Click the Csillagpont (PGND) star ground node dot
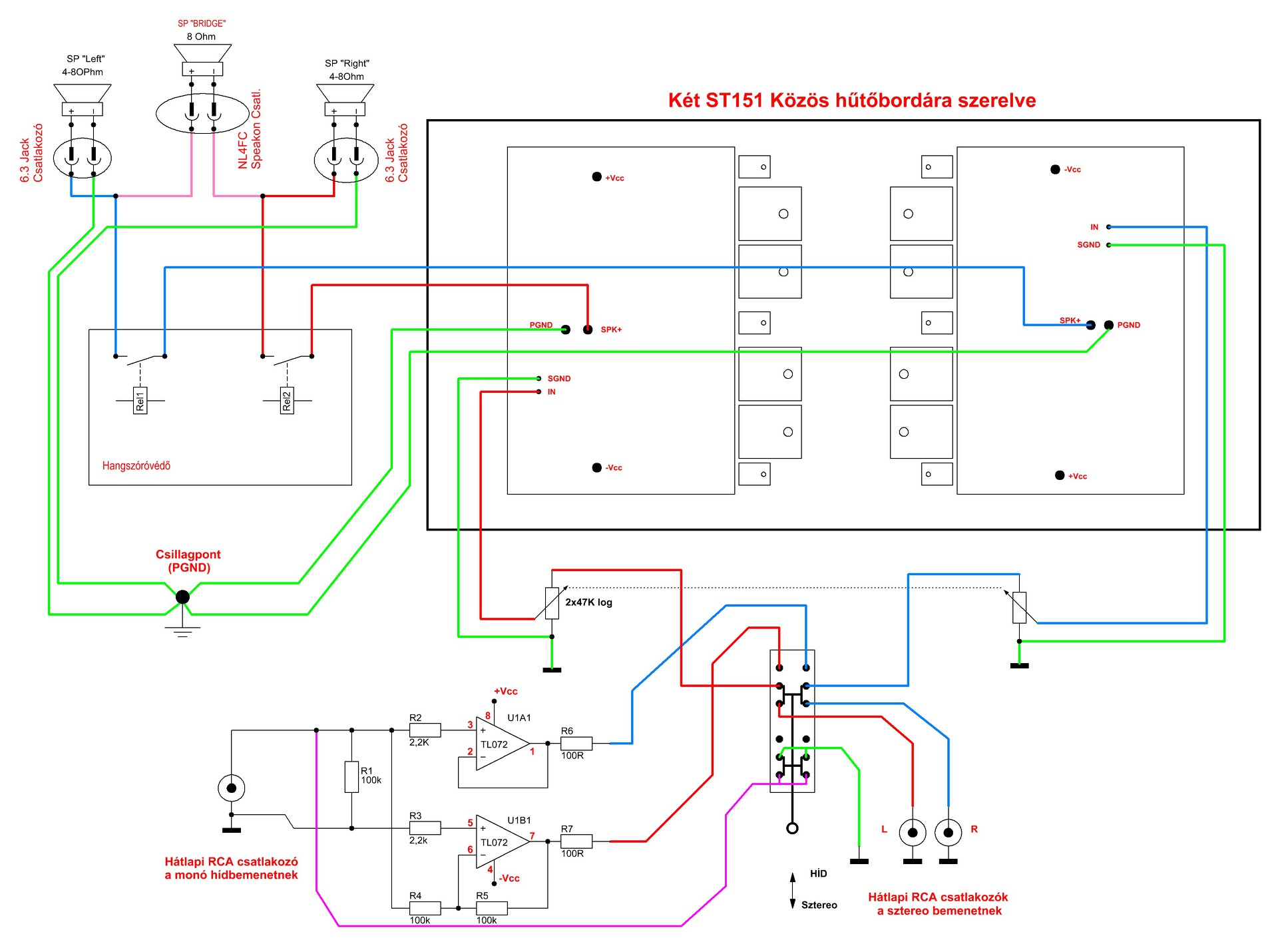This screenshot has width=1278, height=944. (x=182, y=597)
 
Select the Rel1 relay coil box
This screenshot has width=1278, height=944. (x=140, y=401)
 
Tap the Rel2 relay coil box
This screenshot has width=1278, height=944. (x=287, y=401)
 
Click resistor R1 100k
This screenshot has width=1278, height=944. (x=351, y=777)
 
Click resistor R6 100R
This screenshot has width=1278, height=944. (x=576, y=744)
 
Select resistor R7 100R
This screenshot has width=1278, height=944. (x=576, y=841)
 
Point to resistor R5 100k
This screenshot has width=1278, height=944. (x=492, y=908)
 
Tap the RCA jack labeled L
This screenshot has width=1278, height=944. (x=913, y=832)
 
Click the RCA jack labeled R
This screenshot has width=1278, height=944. (x=949, y=832)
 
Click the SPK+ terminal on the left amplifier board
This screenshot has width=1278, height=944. (x=588, y=330)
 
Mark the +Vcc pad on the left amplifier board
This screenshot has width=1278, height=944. (x=597, y=177)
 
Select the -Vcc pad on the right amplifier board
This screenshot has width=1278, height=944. (x=1055, y=170)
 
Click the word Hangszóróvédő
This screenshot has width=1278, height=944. (x=136, y=466)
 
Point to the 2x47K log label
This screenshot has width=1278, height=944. (x=589, y=602)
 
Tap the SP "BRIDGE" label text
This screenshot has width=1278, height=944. (x=202, y=23)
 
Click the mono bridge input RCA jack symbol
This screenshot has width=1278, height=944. (x=232, y=788)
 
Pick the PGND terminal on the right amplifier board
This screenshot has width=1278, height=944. (x=1109, y=326)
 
